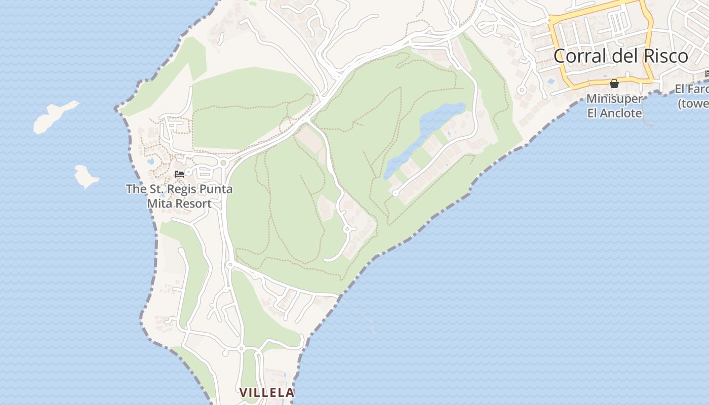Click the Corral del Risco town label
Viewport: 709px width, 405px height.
[x=620, y=56]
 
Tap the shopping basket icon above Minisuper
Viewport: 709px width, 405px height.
[x=614, y=84]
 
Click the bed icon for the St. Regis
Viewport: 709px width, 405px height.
[x=179, y=174]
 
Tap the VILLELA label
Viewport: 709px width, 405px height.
[x=267, y=392]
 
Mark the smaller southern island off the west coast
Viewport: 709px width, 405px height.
[x=86, y=176]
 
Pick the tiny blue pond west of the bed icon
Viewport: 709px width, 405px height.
[x=150, y=161]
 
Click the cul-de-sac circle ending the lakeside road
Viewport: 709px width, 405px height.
[x=396, y=193]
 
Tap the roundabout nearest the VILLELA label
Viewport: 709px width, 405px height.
[x=241, y=348]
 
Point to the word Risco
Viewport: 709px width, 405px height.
[x=666, y=56]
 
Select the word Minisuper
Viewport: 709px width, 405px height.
[x=614, y=99]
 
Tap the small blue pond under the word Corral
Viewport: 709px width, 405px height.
[x=551, y=80]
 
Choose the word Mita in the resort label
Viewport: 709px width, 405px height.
[x=159, y=204]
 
